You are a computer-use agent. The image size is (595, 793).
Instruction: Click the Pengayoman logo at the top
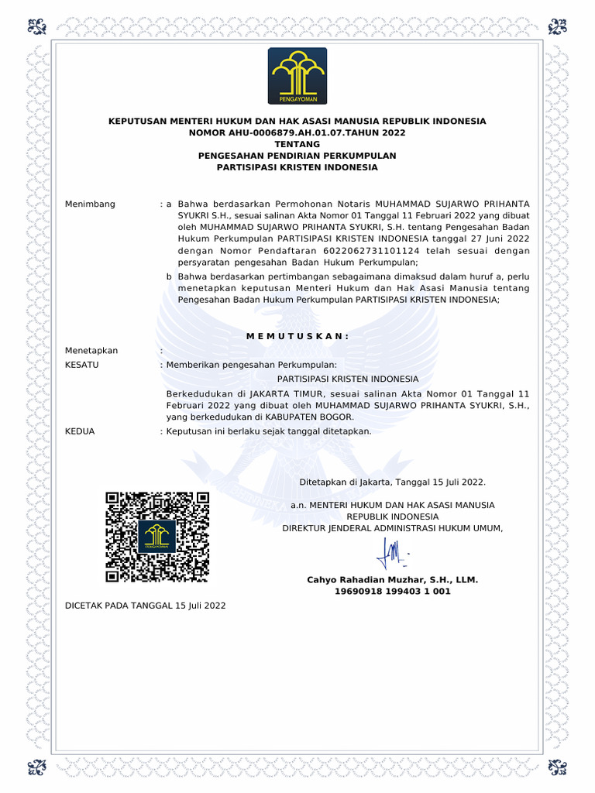click(x=297, y=76)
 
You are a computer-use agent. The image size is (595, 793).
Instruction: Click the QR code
click(x=157, y=537)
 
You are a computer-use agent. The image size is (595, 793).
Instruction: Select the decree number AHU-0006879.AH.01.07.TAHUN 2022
click(x=297, y=132)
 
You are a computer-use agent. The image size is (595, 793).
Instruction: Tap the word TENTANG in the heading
click(x=297, y=144)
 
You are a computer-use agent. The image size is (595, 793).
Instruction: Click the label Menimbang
click(x=90, y=204)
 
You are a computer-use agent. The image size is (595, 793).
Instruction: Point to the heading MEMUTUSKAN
click(x=297, y=335)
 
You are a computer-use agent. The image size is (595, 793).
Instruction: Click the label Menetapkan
click(x=91, y=351)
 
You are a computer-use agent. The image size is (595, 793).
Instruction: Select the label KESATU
click(x=81, y=364)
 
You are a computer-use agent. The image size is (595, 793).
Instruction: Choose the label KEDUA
click(x=80, y=431)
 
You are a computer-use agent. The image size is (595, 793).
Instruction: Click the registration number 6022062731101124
click(x=366, y=251)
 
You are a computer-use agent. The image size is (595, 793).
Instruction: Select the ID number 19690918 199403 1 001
click(x=392, y=592)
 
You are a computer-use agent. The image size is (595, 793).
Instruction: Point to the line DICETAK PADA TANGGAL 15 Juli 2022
click(x=145, y=606)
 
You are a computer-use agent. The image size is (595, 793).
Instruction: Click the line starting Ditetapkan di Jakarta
click(x=392, y=482)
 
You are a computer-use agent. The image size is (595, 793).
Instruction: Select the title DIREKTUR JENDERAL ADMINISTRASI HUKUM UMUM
click(x=392, y=528)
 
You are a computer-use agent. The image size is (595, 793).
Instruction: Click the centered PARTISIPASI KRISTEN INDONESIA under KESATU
click(x=348, y=379)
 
